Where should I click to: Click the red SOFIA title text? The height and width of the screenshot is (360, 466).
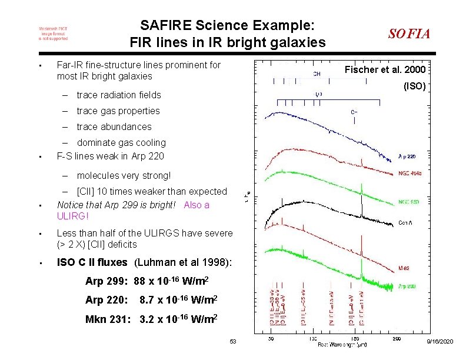pyautogui.click(x=409, y=34)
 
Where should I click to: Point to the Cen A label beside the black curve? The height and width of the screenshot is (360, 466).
pyautogui.click(x=405, y=222)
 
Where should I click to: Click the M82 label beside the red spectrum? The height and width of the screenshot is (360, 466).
pyautogui.click(x=404, y=268)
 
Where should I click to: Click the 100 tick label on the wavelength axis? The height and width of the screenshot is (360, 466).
pyautogui.click(x=312, y=338)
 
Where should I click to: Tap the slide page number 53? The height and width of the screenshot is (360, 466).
pyautogui.click(x=232, y=342)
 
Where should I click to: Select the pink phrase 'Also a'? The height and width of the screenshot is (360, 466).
pyautogui.click(x=197, y=205)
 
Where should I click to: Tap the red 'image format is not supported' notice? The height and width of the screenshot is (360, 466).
pyautogui.click(x=53, y=34)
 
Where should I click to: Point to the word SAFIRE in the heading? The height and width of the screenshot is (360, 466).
pyautogui.click(x=162, y=26)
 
